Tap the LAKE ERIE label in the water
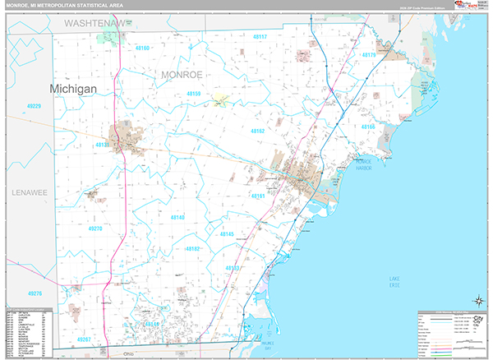coord(400,281)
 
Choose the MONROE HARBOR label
coord(364,164)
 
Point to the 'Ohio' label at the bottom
coord(128,354)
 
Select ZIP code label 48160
coord(141,48)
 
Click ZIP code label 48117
coord(260,37)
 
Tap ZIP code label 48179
coord(367,55)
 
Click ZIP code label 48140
coord(177,217)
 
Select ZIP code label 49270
coord(96,228)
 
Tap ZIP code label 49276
coord(35,293)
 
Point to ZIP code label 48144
coord(151,325)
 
